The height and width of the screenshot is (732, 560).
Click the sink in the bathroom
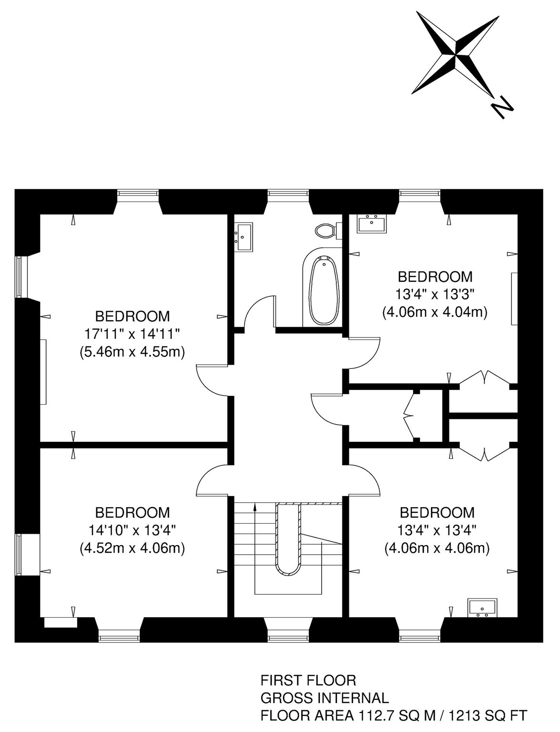[x=244, y=237]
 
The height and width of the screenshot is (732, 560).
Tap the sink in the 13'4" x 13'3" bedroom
[x=371, y=224]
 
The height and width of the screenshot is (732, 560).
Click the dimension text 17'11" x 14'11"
[x=132, y=334]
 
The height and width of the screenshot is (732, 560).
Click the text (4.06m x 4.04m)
[x=435, y=312]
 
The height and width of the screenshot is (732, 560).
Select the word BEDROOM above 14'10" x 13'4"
[x=132, y=513]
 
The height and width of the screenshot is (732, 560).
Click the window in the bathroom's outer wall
[x=288, y=194]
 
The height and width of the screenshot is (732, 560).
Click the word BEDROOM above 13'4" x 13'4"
[x=437, y=513]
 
